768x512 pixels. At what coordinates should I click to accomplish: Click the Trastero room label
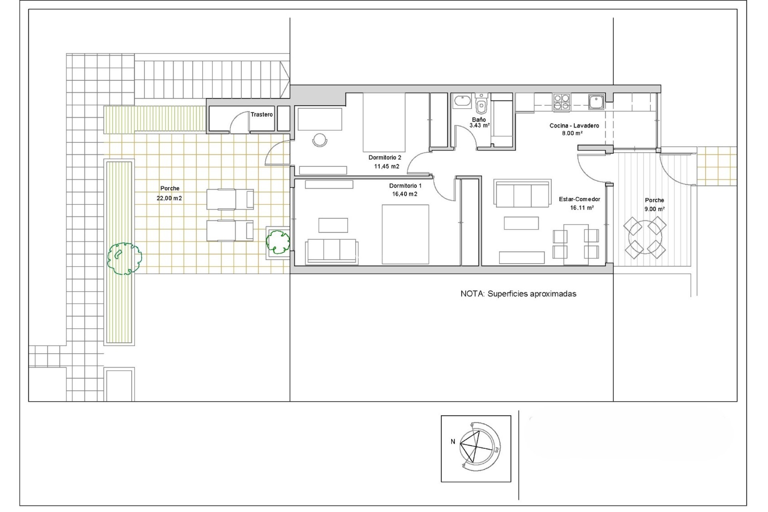(262, 114)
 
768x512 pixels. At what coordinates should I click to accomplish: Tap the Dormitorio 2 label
(384, 158)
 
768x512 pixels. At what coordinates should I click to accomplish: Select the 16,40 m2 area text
(404, 194)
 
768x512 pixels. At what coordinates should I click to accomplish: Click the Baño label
(479, 120)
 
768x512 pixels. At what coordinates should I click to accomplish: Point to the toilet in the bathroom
(482, 106)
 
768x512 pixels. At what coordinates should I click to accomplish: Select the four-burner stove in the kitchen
(562, 102)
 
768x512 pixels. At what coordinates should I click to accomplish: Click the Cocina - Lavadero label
(574, 126)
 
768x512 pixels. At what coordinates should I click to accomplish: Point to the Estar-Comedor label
(579, 199)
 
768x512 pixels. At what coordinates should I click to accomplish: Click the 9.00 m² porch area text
(654, 209)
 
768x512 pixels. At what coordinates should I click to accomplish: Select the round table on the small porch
(645, 238)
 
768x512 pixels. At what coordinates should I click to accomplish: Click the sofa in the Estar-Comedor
(522, 194)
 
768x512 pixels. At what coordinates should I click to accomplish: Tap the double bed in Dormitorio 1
(405, 234)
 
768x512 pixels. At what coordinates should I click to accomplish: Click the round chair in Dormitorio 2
(320, 140)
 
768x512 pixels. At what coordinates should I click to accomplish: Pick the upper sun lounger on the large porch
(230, 199)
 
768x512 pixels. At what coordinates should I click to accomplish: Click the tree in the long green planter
(124, 258)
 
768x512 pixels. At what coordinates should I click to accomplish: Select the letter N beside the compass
(453, 442)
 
